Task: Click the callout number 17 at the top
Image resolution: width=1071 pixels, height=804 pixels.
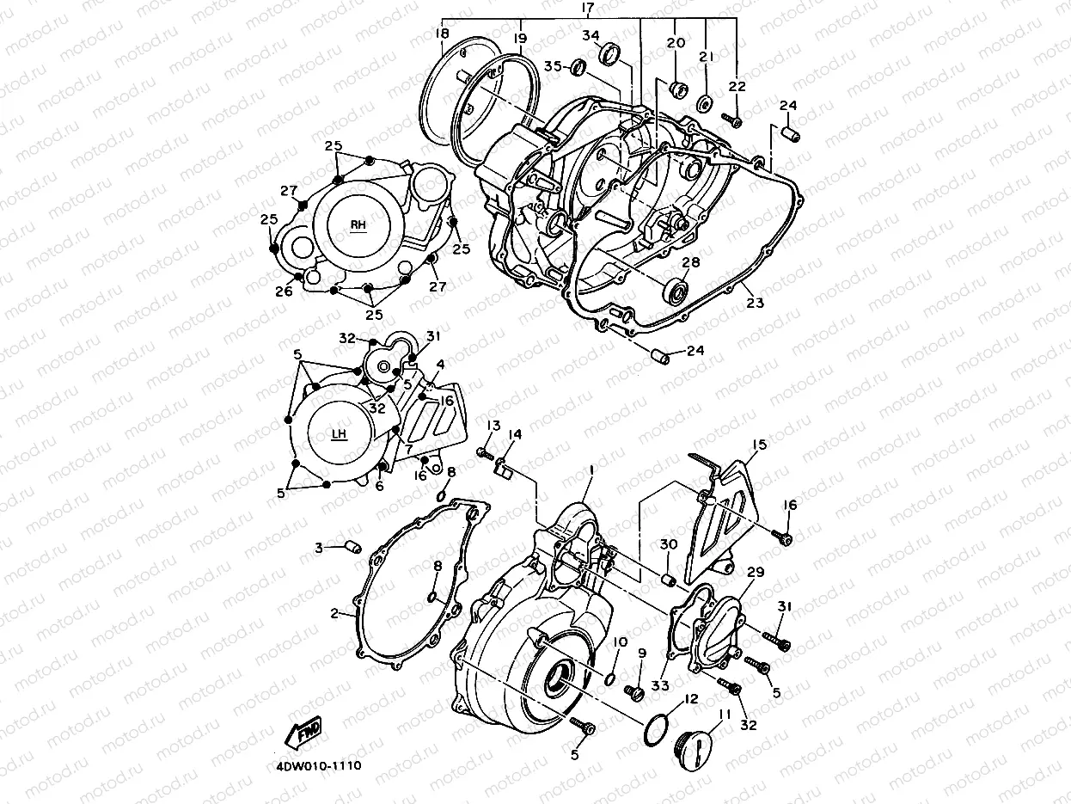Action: pos(588,9)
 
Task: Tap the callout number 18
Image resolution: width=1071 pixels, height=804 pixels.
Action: pos(443,34)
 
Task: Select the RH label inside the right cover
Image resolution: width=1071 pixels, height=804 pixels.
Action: pos(358,224)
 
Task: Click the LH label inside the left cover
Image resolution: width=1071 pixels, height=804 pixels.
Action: pos(339,433)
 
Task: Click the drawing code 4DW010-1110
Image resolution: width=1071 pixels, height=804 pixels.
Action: pos(319,765)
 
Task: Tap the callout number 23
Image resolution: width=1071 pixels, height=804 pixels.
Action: pos(754,303)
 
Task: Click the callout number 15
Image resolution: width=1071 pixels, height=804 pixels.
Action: pos(758,445)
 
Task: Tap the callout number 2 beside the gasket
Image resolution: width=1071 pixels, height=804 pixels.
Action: pos(334,614)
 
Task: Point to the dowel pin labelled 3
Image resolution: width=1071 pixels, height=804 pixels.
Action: pos(350,546)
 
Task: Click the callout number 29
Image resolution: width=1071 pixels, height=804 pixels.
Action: pos(755,573)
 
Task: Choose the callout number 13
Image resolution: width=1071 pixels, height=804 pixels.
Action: pos(493,427)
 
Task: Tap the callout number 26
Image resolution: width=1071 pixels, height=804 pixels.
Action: pos(284,292)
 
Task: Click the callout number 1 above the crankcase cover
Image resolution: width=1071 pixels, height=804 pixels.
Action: pos(591,470)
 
